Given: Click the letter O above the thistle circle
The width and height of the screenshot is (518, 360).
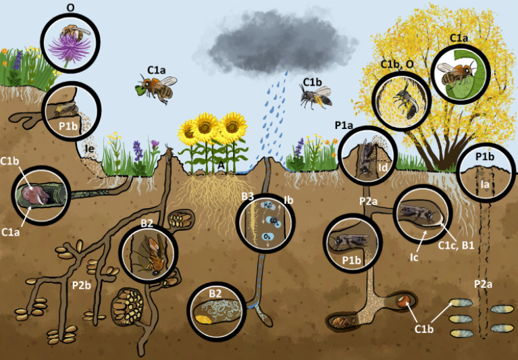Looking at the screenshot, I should (70, 8).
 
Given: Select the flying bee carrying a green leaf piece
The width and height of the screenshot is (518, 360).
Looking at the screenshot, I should (155, 88).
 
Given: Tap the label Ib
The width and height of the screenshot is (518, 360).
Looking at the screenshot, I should (288, 201).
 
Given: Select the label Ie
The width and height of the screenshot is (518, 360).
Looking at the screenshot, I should (88, 147).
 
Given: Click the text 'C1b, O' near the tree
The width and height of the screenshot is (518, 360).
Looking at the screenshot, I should (394, 65).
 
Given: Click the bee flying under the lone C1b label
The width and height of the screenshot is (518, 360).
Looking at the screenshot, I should (315, 98).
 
